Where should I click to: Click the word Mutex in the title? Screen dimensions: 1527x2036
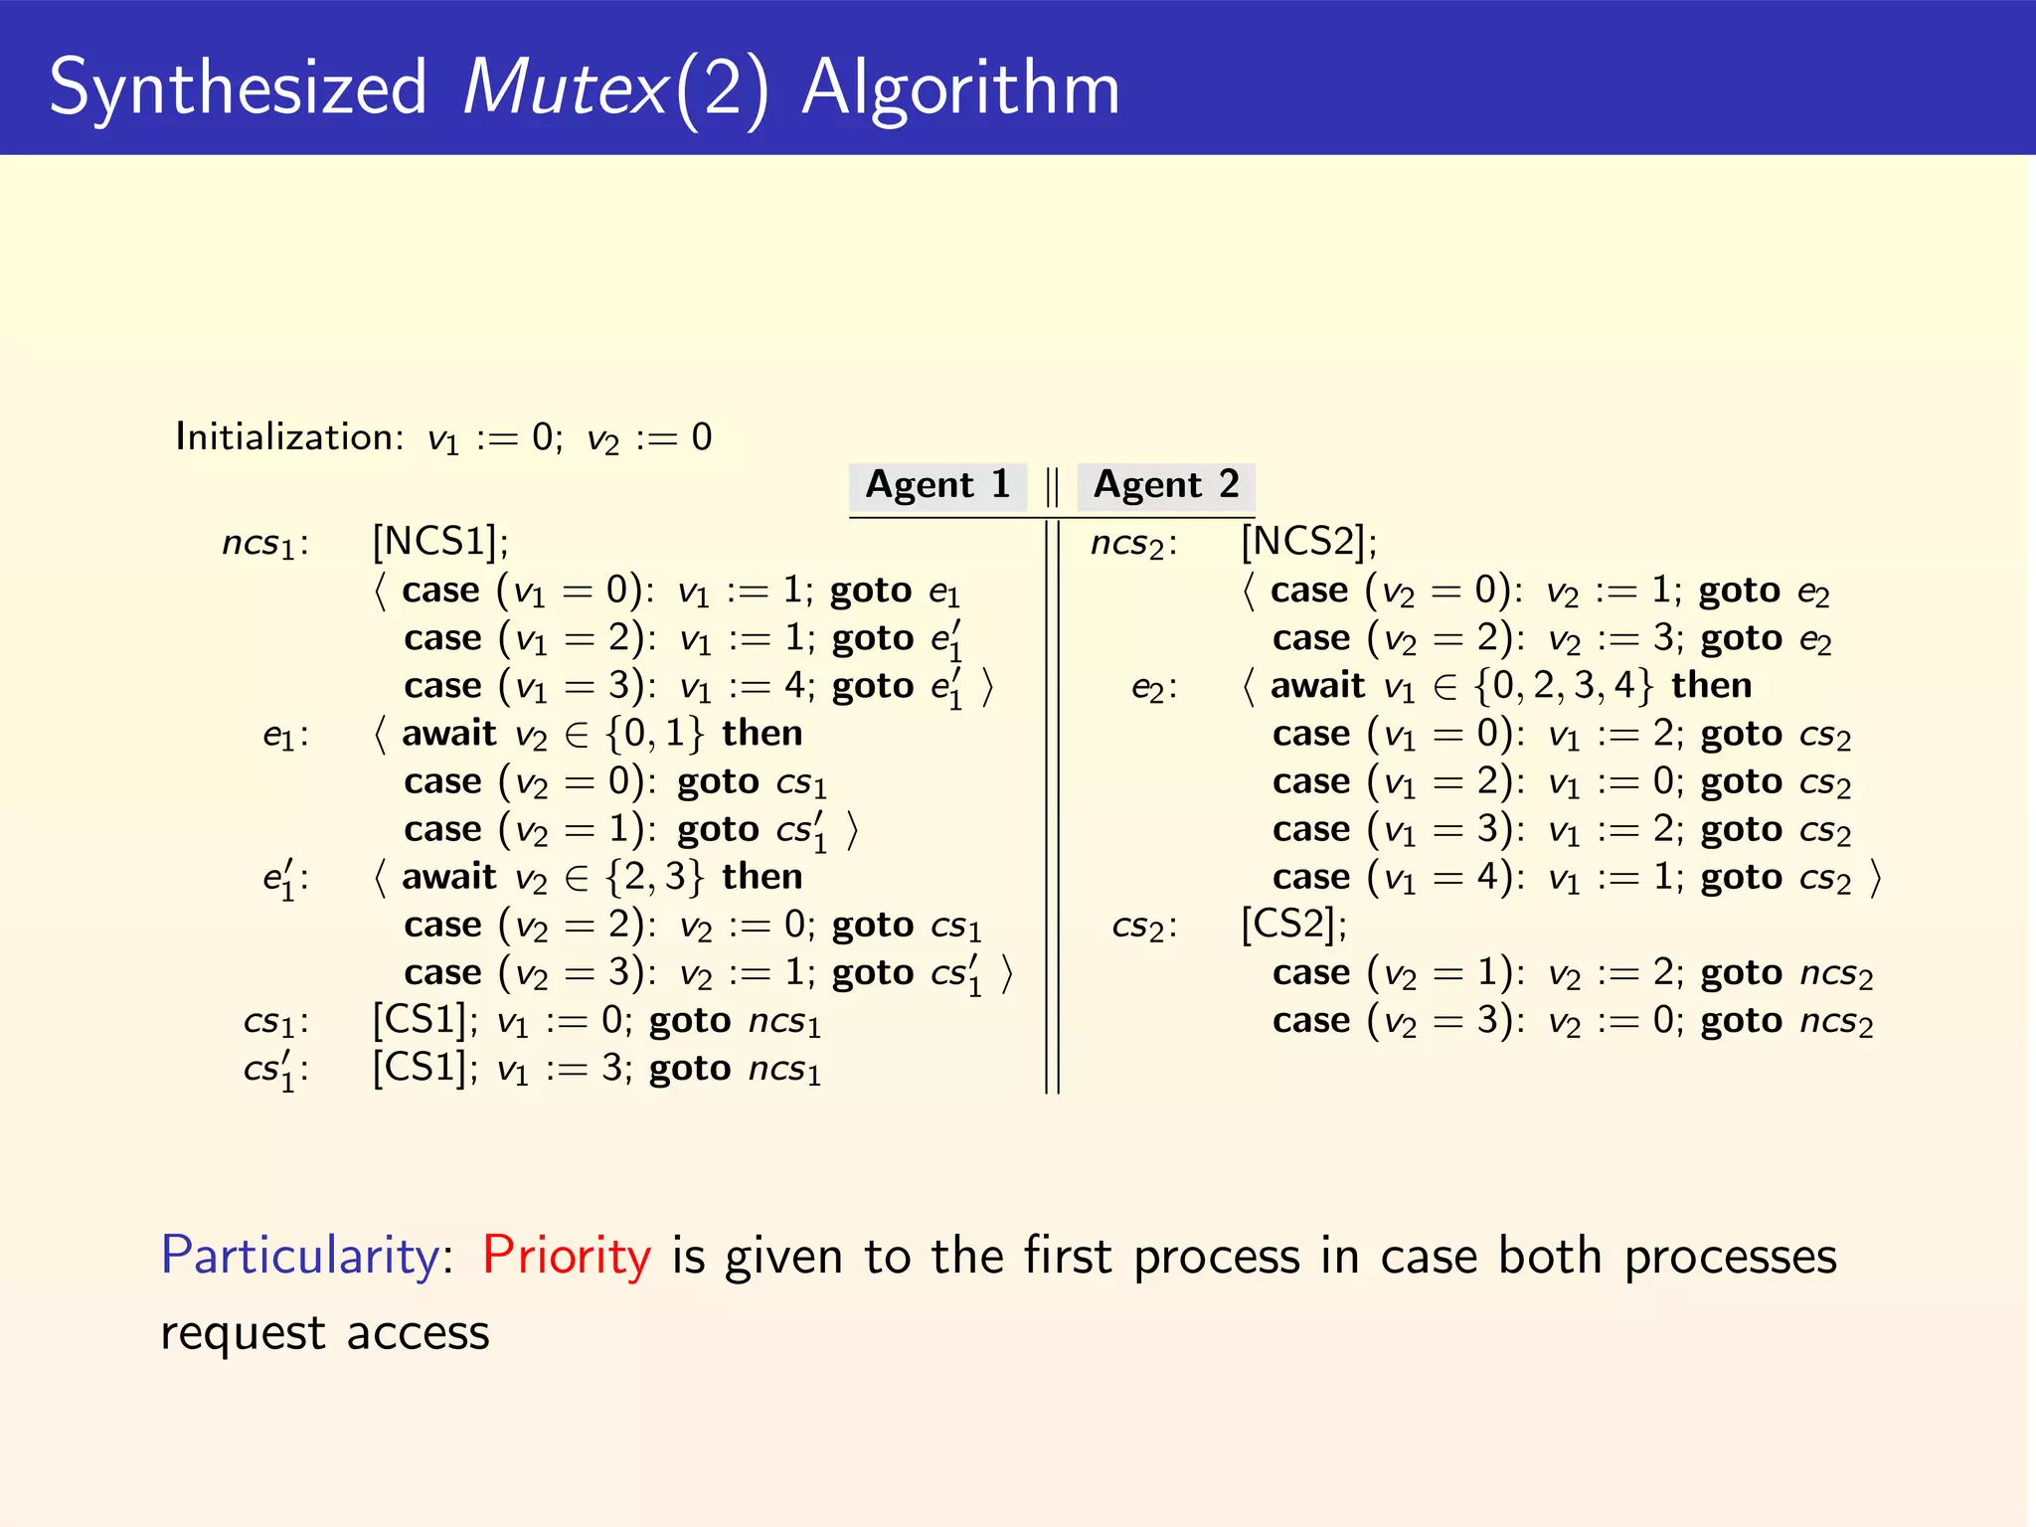tap(565, 87)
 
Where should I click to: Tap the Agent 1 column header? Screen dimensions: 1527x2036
tap(937, 485)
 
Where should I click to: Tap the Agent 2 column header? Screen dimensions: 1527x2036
tap(1166, 485)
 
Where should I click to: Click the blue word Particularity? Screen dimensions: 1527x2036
tap(299, 1255)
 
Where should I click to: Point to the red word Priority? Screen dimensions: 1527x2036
tap(567, 1255)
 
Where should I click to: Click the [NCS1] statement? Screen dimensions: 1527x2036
tap(439, 542)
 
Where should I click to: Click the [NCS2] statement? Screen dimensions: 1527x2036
tap(1308, 542)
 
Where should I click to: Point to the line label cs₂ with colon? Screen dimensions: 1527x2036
tap(1143, 927)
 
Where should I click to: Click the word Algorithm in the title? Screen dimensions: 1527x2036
tap(960, 87)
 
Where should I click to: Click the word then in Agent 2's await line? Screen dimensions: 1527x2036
tap(1711, 686)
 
